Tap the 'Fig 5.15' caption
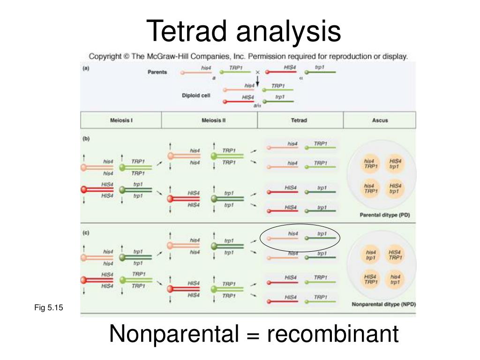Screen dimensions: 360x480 click(x=48, y=307)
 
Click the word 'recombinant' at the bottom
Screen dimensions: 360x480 click(x=333, y=334)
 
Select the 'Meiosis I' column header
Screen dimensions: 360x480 click(x=121, y=120)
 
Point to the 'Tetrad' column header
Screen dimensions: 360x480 click(x=299, y=120)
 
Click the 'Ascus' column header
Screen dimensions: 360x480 click(x=380, y=120)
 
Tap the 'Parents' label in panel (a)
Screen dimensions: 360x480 click(x=157, y=72)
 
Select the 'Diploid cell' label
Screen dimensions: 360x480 click(x=196, y=95)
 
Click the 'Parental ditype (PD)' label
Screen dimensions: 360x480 click(x=381, y=216)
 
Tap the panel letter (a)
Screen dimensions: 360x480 click(x=86, y=68)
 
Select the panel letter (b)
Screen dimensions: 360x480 click(x=86, y=139)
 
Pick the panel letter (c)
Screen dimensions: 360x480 click(x=86, y=232)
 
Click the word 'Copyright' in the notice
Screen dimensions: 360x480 click(x=106, y=57)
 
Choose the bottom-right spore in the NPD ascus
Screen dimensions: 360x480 click(x=395, y=279)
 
